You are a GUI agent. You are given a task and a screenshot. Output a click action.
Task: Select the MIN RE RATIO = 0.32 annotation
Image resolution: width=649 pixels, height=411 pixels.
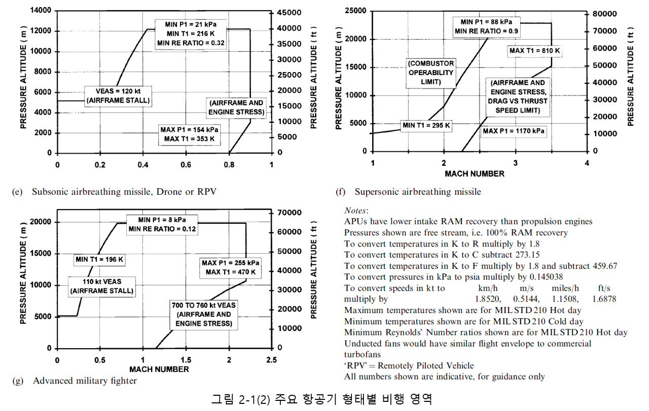pos(190,43)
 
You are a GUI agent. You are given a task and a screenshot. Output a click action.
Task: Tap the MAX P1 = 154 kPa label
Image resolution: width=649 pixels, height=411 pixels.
pos(190,129)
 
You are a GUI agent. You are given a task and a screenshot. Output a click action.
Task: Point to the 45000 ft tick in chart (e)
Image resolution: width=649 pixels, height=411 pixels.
pos(290,12)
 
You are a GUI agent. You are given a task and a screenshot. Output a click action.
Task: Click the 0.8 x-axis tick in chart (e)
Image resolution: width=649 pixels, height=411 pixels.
pos(229,164)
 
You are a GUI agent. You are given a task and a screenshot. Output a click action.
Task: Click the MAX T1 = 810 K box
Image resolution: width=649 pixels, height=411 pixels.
pos(534,51)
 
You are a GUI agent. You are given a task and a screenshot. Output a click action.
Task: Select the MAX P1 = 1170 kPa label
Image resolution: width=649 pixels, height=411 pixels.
pos(514,131)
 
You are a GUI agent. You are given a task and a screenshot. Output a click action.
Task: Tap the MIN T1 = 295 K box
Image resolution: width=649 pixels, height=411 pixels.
pos(425,125)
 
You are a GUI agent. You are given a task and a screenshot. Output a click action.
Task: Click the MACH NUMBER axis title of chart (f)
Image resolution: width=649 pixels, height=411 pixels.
pos(475,174)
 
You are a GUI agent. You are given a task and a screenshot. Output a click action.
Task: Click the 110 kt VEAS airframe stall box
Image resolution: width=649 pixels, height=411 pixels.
pos(101,286)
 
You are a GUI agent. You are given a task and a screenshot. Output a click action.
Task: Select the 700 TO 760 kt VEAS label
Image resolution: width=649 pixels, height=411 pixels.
pos(203,314)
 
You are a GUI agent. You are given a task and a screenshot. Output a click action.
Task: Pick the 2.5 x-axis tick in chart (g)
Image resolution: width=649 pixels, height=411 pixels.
pos(271,360)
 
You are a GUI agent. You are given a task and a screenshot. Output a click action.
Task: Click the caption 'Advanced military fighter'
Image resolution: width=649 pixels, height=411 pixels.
pos(85,381)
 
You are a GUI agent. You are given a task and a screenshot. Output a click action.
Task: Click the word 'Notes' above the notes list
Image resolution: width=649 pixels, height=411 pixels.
pos(356,210)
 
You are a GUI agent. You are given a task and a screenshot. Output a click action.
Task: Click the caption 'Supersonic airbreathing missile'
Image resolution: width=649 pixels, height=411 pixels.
pos(418,192)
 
